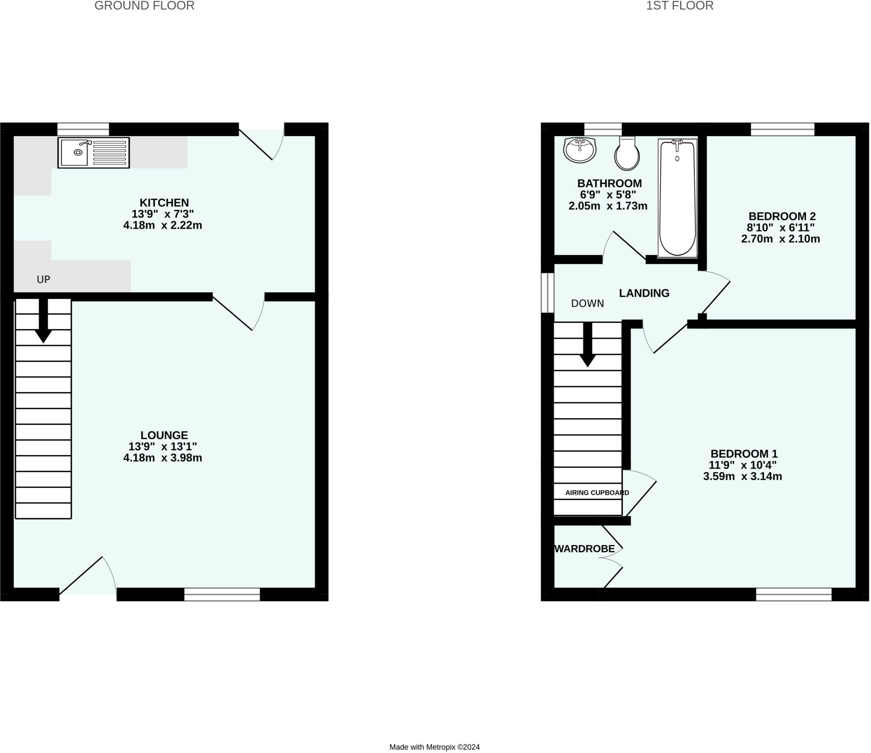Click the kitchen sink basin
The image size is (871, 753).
pyautogui.click(x=74, y=152)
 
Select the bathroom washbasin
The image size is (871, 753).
pyautogui.click(x=580, y=150)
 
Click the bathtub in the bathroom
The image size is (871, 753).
pyautogui.click(x=677, y=198)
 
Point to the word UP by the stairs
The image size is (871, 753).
pyautogui.click(x=43, y=280)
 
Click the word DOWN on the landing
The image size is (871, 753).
pyautogui.click(x=587, y=303)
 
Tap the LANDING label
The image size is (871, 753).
pyautogui.click(x=644, y=293)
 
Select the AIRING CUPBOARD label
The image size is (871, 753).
pyautogui.click(x=597, y=493)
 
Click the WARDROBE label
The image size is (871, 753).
pyautogui.click(x=585, y=549)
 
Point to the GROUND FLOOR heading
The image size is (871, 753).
pyautogui.click(x=145, y=6)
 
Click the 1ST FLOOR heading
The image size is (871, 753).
pyautogui.click(x=680, y=6)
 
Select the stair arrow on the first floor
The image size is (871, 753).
pyautogui.click(x=588, y=345)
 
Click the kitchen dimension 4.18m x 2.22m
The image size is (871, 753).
pyautogui.click(x=162, y=225)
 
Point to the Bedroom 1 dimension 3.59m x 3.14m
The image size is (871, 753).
pyautogui.click(x=743, y=476)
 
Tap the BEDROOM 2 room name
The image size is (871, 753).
pyautogui.click(x=782, y=217)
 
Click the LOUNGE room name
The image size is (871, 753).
pyautogui.click(x=164, y=435)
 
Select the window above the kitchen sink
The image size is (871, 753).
pyautogui.click(x=83, y=129)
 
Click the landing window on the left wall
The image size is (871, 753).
pyautogui.click(x=547, y=293)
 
